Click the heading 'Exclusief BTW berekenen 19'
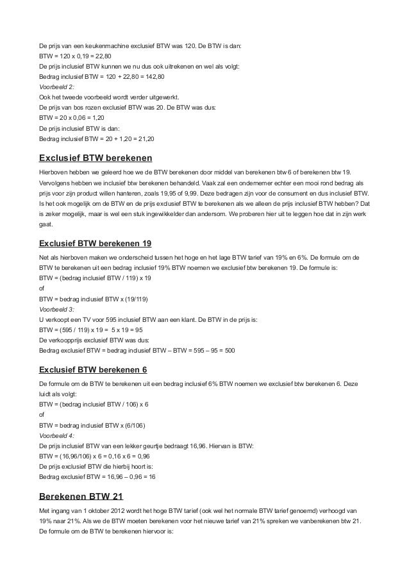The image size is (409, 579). click(96, 244)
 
